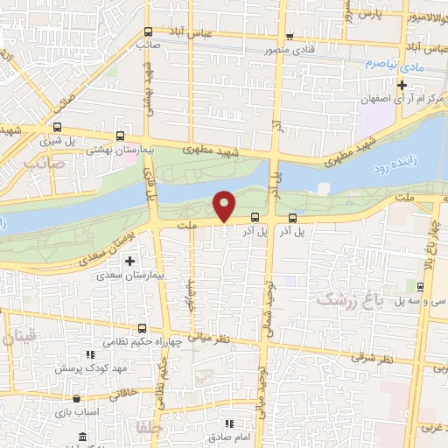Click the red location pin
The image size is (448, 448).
tap(225, 205)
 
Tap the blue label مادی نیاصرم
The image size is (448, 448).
tap(387, 65)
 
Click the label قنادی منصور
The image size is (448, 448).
tap(290, 50)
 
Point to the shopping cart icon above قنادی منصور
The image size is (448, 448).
tap(290, 37)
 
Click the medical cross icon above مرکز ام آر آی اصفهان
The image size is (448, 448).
tap(402, 85)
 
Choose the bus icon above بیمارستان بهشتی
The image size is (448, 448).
tap(119, 136)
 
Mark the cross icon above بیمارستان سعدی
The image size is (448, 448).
tap(130, 260)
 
